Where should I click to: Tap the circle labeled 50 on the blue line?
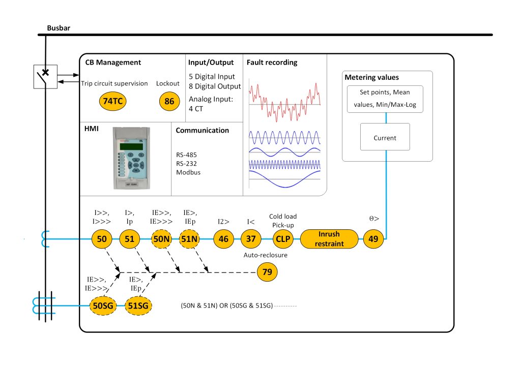[x=101, y=238]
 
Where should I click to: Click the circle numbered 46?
[x=223, y=238]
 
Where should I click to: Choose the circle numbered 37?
[x=251, y=238]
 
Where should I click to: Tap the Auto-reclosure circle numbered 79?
[x=267, y=272]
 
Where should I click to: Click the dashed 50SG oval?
[x=104, y=305]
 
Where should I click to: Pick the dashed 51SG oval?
[x=138, y=305]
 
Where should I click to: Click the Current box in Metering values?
[x=385, y=137]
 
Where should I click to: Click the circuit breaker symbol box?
[x=44, y=77]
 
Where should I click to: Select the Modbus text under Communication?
[x=188, y=172]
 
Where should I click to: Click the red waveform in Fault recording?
[x=284, y=102]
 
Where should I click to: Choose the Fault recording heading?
[x=272, y=63]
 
